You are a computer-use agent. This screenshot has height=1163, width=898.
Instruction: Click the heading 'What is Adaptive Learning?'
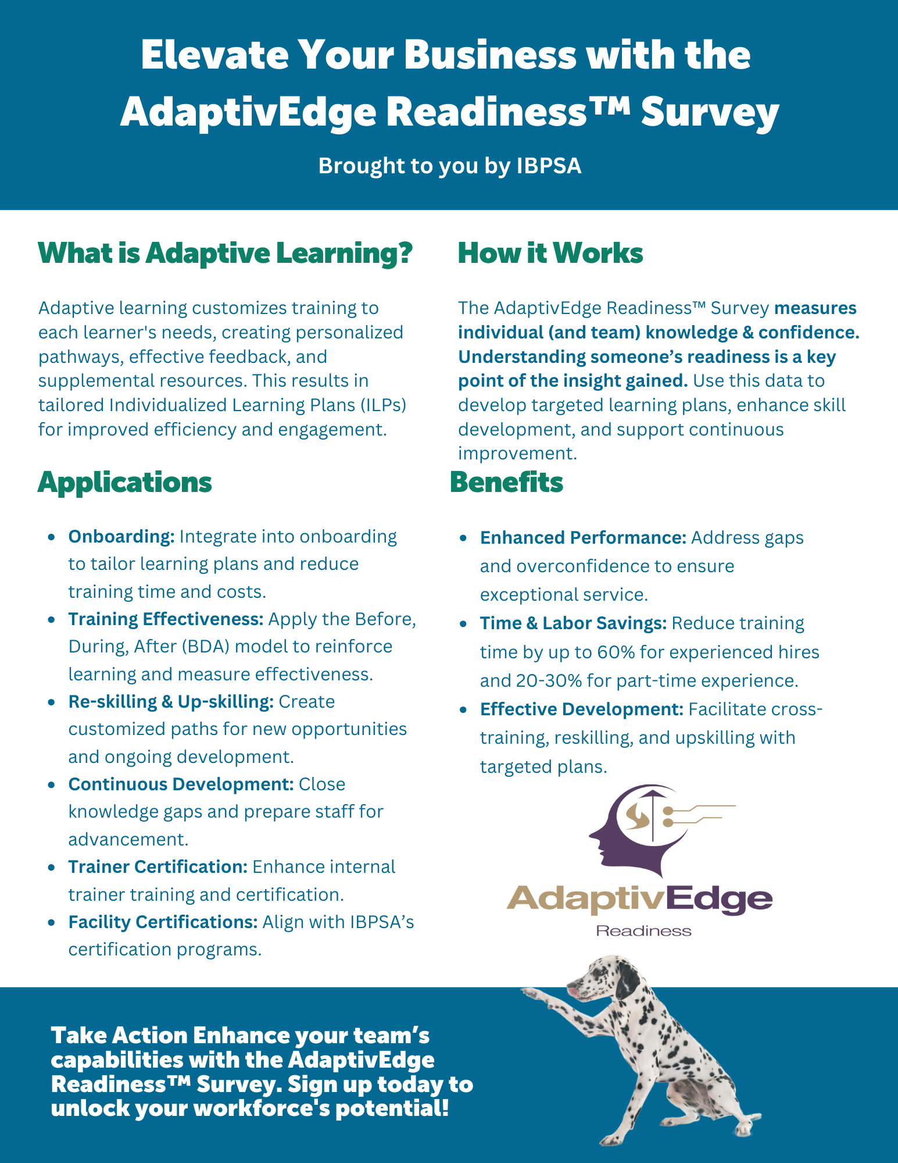(225, 254)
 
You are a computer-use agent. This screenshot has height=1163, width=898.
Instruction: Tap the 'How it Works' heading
(550, 254)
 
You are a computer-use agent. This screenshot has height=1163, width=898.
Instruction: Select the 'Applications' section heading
(124, 483)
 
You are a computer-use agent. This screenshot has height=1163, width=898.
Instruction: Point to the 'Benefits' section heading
(506, 483)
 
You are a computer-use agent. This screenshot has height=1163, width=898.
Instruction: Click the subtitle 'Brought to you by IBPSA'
(449, 166)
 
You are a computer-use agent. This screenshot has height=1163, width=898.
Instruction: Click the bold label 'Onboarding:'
(121, 536)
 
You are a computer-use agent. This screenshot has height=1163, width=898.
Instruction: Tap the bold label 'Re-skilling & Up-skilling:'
(171, 701)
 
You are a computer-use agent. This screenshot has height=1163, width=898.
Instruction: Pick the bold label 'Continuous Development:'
(181, 784)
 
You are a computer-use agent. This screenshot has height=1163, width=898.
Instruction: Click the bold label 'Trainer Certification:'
(158, 866)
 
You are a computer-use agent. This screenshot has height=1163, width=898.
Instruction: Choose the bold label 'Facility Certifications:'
(163, 922)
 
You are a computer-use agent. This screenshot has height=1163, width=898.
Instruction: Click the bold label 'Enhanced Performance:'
(583, 537)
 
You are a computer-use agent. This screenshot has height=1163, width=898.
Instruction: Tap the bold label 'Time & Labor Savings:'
(573, 623)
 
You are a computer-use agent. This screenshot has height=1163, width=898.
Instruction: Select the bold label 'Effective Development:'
(581, 709)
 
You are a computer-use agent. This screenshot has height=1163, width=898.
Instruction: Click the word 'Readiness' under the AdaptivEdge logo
(643, 931)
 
